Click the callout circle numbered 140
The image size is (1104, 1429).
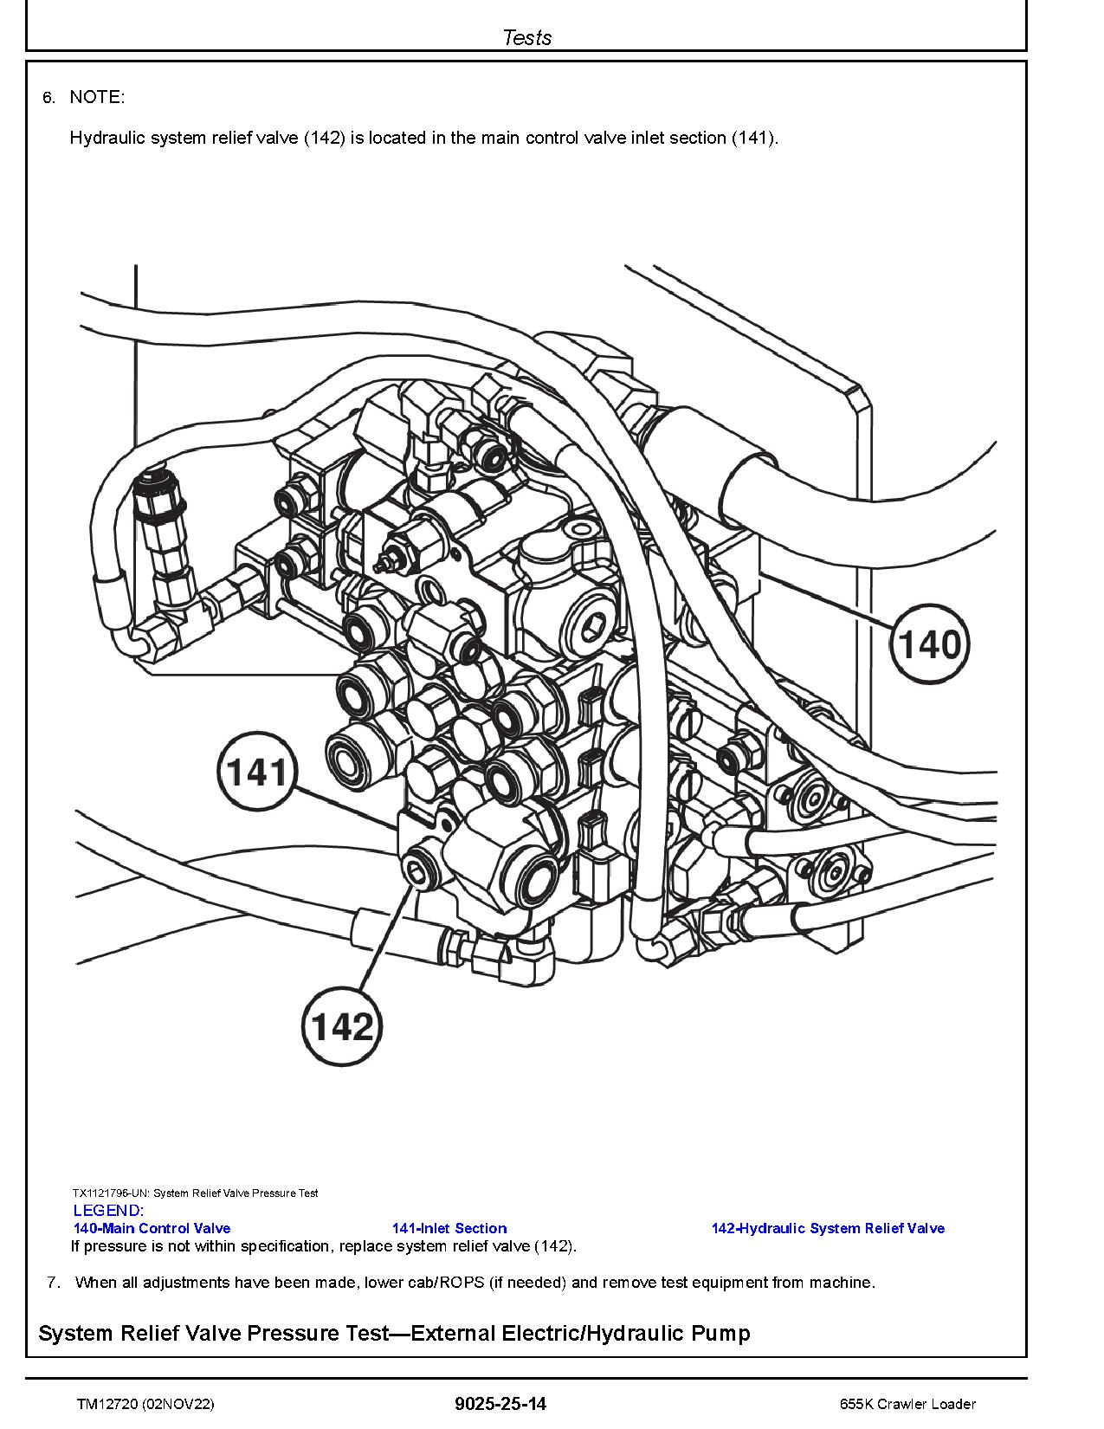click(930, 644)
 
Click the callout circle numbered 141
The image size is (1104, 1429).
click(258, 772)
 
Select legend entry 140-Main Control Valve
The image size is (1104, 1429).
click(152, 1228)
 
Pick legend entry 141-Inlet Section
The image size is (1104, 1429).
click(449, 1228)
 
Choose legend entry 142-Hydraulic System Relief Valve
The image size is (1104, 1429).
click(828, 1228)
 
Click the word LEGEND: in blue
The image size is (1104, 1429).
click(108, 1211)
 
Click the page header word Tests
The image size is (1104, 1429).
click(526, 37)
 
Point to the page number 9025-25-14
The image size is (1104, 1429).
click(500, 1404)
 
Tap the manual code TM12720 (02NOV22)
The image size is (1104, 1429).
click(145, 1404)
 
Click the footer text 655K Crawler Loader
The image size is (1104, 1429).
click(907, 1404)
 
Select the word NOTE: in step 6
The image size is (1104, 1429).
click(97, 97)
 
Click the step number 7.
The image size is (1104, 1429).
click(53, 1283)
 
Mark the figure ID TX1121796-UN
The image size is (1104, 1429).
click(110, 1193)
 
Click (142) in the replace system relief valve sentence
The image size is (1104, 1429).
click(554, 1246)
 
